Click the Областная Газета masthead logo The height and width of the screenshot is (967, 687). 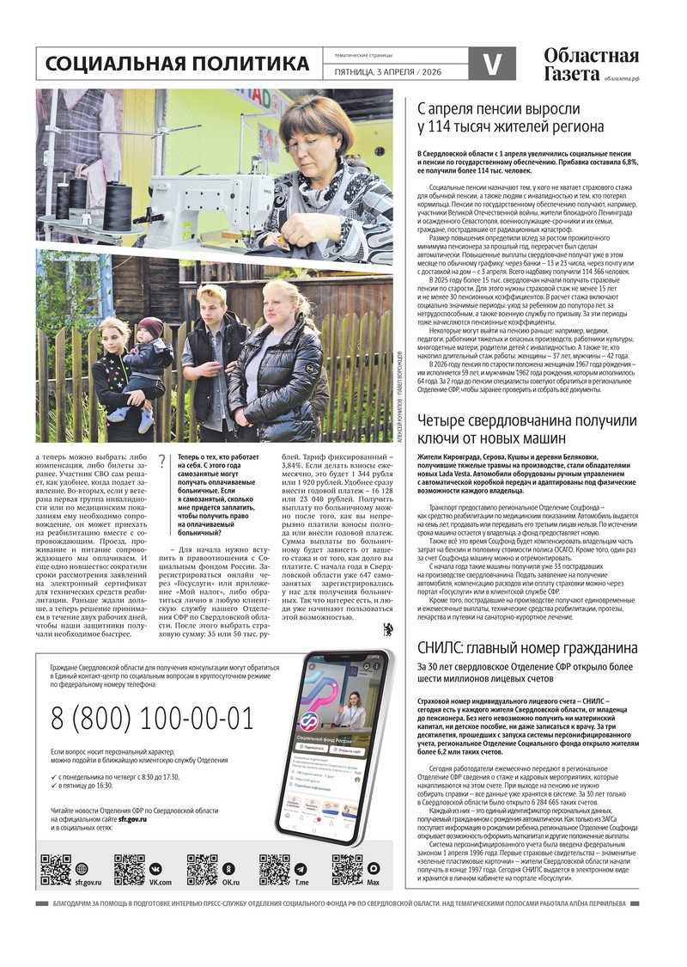click(x=591, y=64)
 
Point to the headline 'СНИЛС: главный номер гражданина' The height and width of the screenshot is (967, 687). click(x=526, y=647)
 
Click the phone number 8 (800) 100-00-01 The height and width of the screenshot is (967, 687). click(x=152, y=717)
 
